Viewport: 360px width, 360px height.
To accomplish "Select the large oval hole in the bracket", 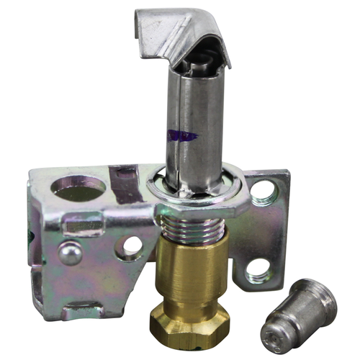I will click(x=79, y=188).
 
